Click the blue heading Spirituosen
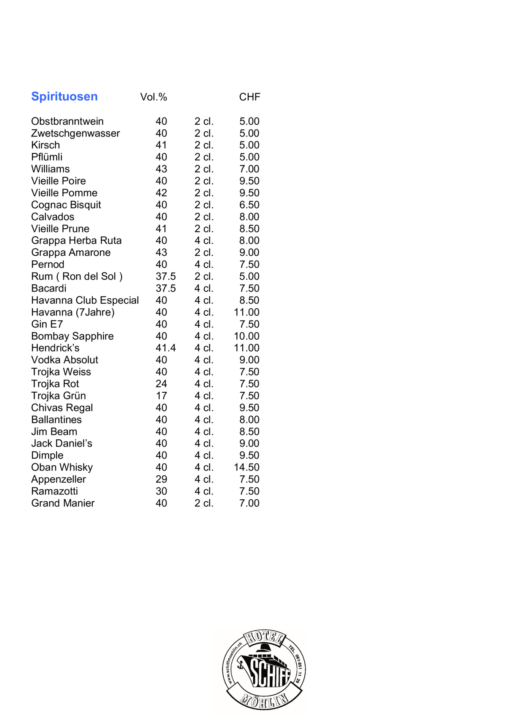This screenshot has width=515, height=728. [64, 96]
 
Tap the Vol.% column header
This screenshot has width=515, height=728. [153, 97]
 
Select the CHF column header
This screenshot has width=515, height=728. [249, 97]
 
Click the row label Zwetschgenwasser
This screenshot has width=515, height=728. [75, 134]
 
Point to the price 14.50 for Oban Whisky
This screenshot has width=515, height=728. [247, 468]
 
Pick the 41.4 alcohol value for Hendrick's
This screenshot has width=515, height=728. [166, 348]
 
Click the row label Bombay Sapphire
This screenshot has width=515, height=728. [72, 336]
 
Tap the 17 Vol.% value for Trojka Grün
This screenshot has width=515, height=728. [161, 396]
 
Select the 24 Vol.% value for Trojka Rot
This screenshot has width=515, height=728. [161, 384]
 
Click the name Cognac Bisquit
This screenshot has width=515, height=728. [66, 205]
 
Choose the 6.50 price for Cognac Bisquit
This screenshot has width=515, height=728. [249, 205]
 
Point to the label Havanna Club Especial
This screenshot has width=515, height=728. [85, 300]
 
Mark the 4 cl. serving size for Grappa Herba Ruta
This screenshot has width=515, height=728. [204, 241]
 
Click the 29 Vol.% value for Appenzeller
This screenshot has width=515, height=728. [161, 479]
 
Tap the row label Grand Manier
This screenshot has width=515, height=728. [63, 503]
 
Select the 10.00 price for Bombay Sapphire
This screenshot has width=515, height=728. [247, 336]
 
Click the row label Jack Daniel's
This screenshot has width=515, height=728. [62, 444]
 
